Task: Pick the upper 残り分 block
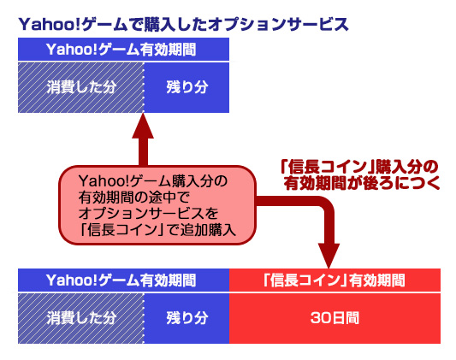187,88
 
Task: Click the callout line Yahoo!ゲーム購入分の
152,181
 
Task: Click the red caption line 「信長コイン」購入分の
360,166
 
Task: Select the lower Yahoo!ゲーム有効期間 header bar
122,280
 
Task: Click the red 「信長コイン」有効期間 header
335,280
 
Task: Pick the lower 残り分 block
187,317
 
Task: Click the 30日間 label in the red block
335,317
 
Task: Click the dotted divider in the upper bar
144,88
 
